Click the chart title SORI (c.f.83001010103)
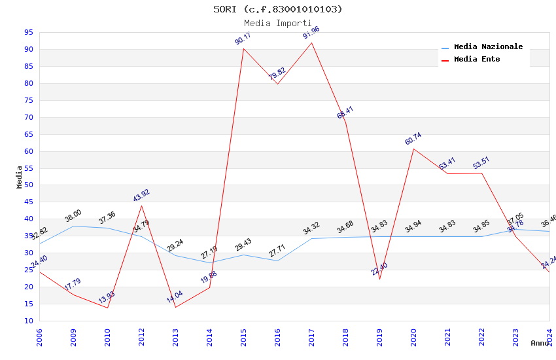pyautogui.click(x=278, y=9)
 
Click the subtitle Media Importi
pyautogui.click(x=278, y=23)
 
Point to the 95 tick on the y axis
pyautogui.click(x=28, y=32)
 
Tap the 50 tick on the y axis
pyautogui.click(x=28, y=185)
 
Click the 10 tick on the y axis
pyautogui.click(x=28, y=321)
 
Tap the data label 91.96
pyautogui.click(x=311, y=33)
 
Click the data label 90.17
pyautogui.click(x=243, y=38)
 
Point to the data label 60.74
pyautogui.click(x=413, y=139)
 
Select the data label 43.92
pyautogui.click(x=141, y=196)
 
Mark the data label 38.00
pyautogui.click(x=73, y=215)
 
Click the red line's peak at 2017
pyautogui.click(x=311, y=43)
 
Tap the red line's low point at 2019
pyautogui.click(x=379, y=279)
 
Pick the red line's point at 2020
pyautogui.click(x=413, y=149)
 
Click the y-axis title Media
pyautogui.click(x=20, y=177)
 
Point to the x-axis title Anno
pyautogui.click(x=540, y=343)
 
